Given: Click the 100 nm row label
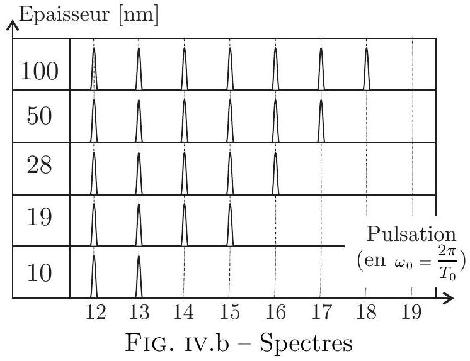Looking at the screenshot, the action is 39,71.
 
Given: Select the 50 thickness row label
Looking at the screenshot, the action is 39,116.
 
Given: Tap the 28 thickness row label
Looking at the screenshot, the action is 39,165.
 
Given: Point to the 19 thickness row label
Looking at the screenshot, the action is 39,216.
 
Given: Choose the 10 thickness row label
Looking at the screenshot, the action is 39,272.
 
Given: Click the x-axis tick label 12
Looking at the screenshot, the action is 96,311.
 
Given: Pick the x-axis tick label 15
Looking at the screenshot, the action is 229,311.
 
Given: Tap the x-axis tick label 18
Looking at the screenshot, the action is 366,311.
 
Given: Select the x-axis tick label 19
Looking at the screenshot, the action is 411,311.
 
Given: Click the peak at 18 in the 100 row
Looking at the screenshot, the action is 367,69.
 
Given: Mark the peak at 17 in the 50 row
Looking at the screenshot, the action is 321,120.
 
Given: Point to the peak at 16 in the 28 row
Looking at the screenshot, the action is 275,173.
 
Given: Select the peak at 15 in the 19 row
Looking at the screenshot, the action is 230,225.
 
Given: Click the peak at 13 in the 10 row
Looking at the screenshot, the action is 139,276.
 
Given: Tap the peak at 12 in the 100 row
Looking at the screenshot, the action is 94,69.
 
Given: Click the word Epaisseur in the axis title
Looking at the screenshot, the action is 64,14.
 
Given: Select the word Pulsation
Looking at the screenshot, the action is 411,234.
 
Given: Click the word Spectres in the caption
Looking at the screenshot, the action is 306,343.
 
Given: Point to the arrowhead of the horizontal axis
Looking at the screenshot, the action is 449,298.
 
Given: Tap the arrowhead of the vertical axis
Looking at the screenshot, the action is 13,25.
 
